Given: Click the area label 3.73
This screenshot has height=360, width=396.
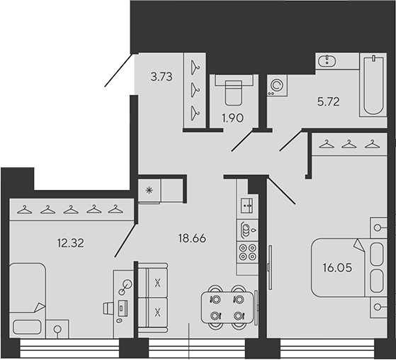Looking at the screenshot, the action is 162,77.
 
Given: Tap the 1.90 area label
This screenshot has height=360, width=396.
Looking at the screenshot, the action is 232,118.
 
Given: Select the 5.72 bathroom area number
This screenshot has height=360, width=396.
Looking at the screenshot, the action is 328,102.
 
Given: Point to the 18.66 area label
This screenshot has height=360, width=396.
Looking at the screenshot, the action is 192,238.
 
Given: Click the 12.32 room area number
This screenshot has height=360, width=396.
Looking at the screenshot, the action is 70,243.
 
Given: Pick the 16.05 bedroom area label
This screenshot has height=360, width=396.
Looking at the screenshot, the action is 337,268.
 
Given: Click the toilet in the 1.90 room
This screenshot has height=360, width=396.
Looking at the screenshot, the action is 234,90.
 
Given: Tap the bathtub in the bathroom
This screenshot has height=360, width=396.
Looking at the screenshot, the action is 373,85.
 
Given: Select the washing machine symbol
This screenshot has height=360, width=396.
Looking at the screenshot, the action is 277,85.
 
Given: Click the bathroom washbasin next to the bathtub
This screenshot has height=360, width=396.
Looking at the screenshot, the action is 327,61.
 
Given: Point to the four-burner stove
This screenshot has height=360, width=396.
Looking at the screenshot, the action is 247,252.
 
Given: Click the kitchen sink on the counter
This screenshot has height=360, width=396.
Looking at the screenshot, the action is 247,206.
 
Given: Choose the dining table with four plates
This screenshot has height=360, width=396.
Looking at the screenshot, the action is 227,308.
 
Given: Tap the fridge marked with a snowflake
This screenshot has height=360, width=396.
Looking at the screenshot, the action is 149,191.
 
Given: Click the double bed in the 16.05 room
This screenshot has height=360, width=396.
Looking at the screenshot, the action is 349,268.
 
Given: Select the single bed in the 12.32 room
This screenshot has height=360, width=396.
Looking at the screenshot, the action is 28,300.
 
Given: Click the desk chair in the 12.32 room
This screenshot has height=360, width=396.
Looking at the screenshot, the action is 108,308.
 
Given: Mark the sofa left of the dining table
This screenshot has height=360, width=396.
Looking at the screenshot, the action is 153,298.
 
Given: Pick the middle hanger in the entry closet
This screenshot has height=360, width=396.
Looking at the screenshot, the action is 195,90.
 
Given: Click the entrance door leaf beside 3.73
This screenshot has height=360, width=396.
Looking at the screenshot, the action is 118,70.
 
